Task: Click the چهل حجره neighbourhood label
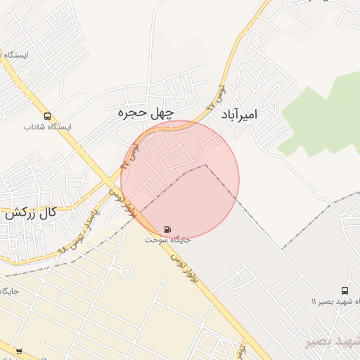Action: click(x=145, y=112)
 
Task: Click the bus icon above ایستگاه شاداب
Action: click(x=47, y=116)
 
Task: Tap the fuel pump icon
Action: click(x=167, y=229)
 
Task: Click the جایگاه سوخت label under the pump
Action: click(x=167, y=240)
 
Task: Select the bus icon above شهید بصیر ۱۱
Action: click(x=345, y=290)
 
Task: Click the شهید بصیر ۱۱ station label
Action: click(x=336, y=302)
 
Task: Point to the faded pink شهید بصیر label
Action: click(x=333, y=341)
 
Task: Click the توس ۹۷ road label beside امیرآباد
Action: click(x=217, y=96)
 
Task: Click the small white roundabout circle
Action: click(x=127, y=271)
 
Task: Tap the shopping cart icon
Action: click(x=19, y=351)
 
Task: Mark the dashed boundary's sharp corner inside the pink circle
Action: click(x=205, y=165)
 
